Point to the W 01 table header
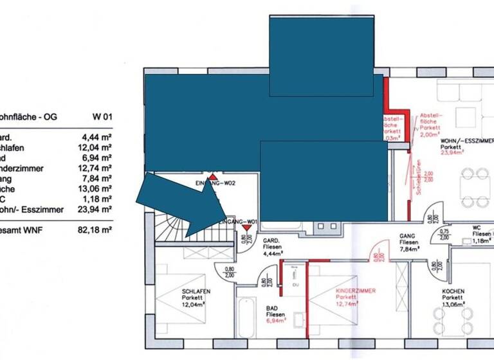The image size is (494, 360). coord(102,117)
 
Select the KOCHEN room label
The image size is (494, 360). coord(453,291)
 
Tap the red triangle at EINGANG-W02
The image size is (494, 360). coord(213,175)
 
